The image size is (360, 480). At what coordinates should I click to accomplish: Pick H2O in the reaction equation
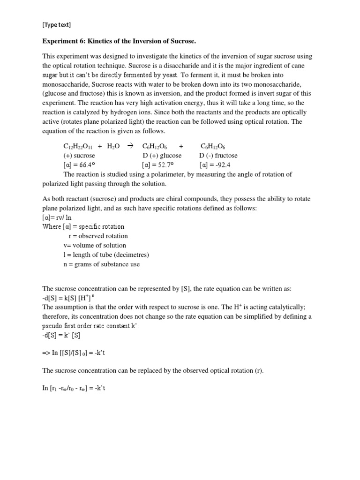click(x=113, y=147)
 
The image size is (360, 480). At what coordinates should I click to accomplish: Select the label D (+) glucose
click(x=162, y=156)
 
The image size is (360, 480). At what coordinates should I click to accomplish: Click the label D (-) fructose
click(x=218, y=156)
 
